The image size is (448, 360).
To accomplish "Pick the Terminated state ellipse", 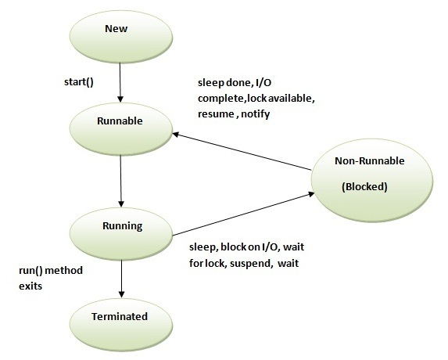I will tap(120, 318).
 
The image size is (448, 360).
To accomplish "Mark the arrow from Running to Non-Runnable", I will tap(242, 215).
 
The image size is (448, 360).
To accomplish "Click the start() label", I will tap(78, 81).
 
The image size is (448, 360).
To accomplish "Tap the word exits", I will tap(31, 287).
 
